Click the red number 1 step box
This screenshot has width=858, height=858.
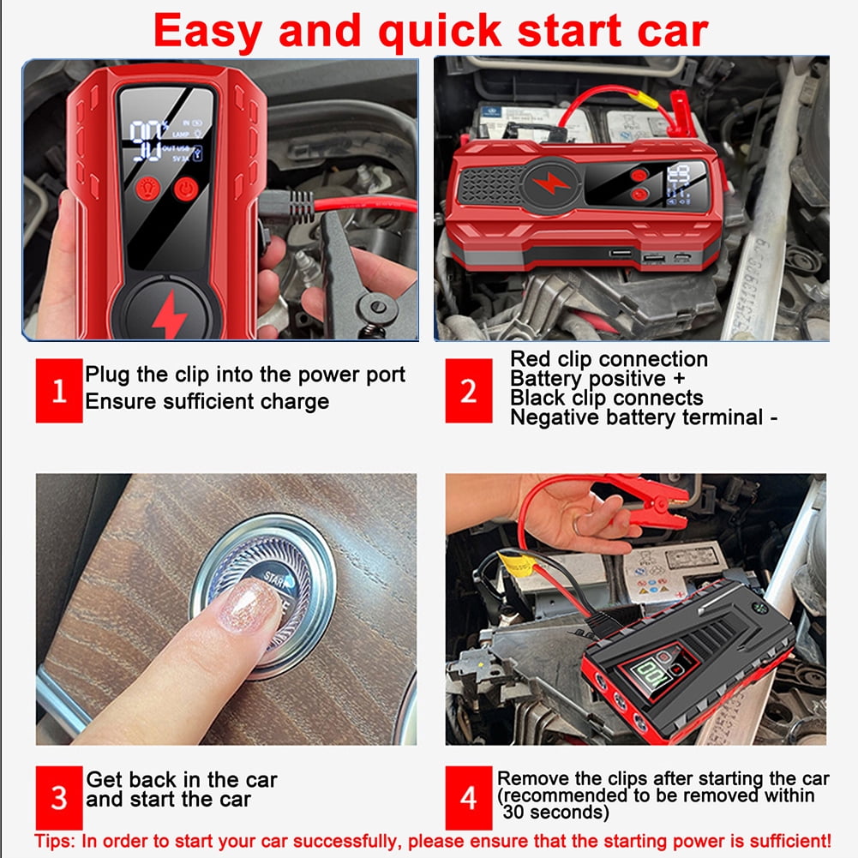59,391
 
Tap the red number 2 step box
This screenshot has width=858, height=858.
468,391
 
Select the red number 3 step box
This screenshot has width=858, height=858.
59,798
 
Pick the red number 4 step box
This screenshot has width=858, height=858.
468,798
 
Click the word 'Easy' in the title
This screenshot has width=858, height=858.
207,32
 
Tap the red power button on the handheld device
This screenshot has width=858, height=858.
186,189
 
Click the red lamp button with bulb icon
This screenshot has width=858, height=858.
147,189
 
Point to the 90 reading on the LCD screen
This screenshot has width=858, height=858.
145,141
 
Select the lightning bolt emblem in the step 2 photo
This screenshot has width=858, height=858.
551,183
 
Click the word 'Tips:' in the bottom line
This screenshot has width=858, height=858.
55,841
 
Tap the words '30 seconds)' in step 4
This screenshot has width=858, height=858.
555,812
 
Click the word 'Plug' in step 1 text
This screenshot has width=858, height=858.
108,375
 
